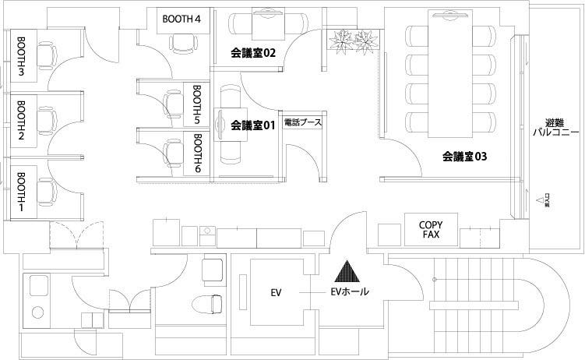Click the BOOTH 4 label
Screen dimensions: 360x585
(183, 19)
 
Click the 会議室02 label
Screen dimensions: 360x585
(254, 53)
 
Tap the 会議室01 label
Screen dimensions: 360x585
(254, 125)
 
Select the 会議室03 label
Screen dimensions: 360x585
(464, 156)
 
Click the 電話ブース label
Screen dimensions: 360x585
(302, 123)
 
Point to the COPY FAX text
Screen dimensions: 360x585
(431, 228)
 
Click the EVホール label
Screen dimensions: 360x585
(350, 292)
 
